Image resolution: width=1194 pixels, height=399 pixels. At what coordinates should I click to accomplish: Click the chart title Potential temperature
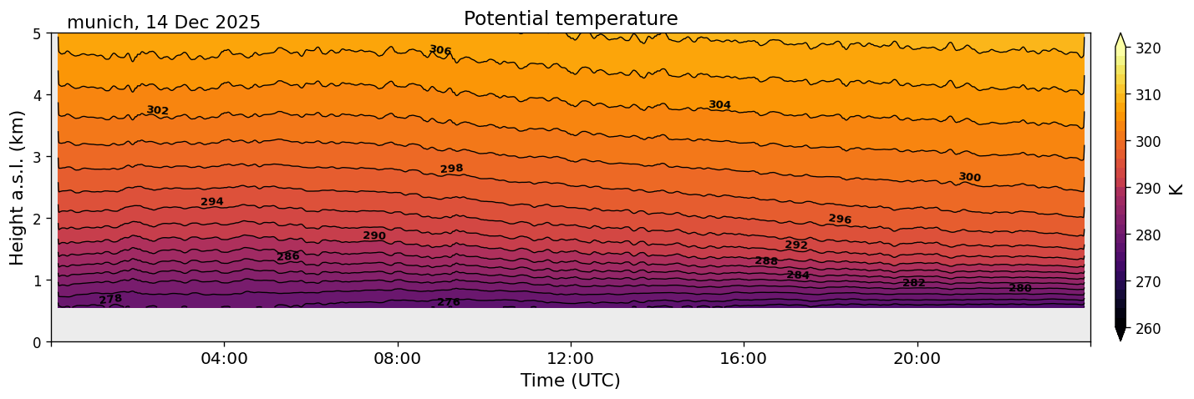click(571, 18)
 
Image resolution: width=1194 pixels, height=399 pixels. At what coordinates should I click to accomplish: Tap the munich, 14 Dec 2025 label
click(164, 23)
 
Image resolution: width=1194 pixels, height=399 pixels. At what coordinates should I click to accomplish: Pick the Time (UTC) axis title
click(571, 381)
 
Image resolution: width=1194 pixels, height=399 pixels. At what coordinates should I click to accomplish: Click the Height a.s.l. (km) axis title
click(18, 187)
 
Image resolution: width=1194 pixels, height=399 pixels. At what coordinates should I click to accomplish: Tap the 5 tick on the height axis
click(37, 34)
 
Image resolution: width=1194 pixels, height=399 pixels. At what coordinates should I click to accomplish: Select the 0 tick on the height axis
click(37, 342)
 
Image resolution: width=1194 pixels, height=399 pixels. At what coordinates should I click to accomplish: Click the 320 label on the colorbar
click(1147, 48)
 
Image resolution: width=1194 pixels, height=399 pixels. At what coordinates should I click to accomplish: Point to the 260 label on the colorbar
click(1147, 329)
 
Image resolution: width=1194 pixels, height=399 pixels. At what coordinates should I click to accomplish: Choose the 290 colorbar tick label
click(1147, 189)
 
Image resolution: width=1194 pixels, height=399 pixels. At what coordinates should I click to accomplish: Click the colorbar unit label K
click(1176, 189)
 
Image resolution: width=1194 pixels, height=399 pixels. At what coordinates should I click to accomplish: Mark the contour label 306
click(440, 51)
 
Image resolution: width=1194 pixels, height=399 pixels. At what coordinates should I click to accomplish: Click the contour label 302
click(158, 110)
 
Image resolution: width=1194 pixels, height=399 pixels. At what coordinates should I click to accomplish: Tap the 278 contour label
click(110, 299)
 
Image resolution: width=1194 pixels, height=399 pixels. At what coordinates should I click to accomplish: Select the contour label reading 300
click(969, 177)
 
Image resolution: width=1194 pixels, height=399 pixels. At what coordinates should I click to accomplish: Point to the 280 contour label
click(1020, 288)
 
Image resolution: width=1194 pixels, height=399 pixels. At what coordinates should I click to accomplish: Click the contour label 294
click(212, 202)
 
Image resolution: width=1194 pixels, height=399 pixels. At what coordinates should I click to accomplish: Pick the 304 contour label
click(719, 105)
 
